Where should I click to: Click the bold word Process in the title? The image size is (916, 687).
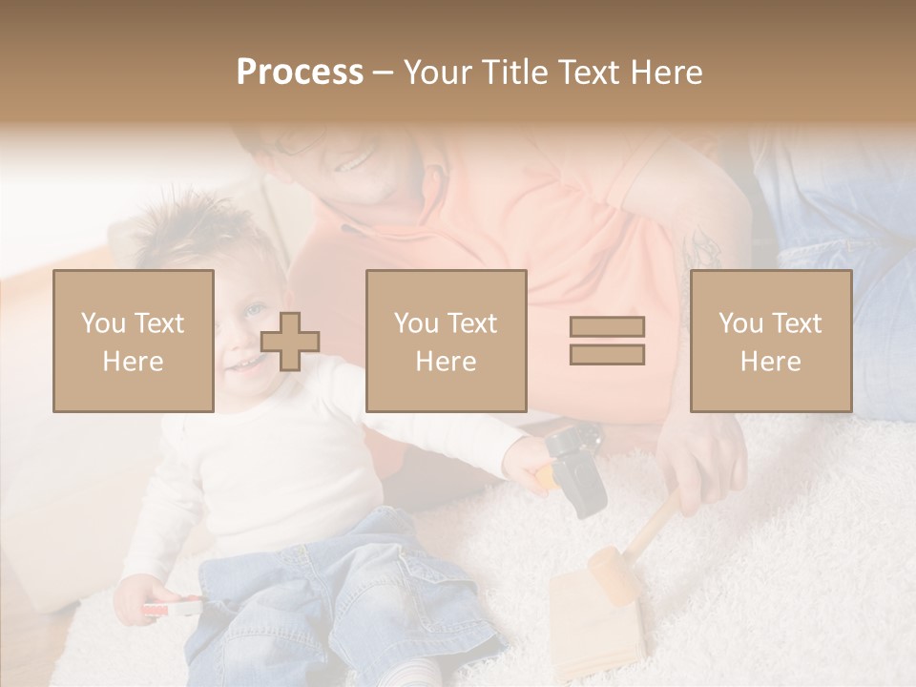[300, 72]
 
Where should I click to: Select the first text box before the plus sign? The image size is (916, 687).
[134, 341]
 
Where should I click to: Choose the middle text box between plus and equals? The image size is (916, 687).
[446, 341]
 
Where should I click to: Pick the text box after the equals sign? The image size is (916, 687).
[770, 341]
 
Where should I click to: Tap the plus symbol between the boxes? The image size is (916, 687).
[290, 342]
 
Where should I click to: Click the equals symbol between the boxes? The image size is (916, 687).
[607, 341]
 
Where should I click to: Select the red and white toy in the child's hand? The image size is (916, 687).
[173, 607]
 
